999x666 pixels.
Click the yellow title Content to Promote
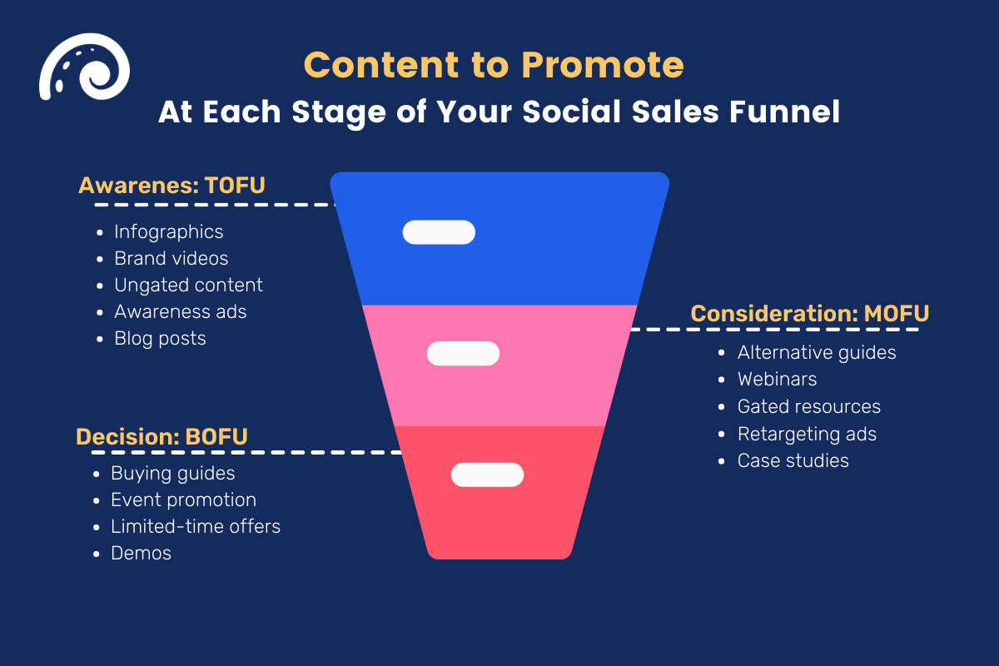pyautogui.click(x=495, y=65)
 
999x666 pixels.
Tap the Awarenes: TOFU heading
pyautogui.click(x=171, y=185)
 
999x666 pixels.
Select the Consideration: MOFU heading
pyautogui.click(x=810, y=313)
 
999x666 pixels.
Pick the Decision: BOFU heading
pyautogui.click(x=162, y=437)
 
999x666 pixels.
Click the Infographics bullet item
pyautogui.click(x=169, y=231)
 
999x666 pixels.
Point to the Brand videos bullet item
pyautogui.click(x=171, y=258)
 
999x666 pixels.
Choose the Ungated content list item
pyautogui.click(x=188, y=285)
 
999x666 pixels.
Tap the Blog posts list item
pyautogui.click(x=160, y=338)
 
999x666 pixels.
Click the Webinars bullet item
pyautogui.click(x=777, y=379)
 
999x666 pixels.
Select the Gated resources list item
pyautogui.click(x=808, y=406)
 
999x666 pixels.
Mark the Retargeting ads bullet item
pyautogui.click(x=807, y=434)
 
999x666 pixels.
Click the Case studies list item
pyautogui.click(x=793, y=460)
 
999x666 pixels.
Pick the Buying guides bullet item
pyautogui.click(x=173, y=473)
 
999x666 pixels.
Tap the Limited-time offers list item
pyautogui.click(x=196, y=526)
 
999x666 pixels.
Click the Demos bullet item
pyautogui.click(x=141, y=553)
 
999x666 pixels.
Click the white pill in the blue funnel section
pyautogui.click(x=439, y=232)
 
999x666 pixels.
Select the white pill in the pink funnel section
pyautogui.click(x=463, y=353)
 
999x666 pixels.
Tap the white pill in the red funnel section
pyautogui.click(x=487, y=475)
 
